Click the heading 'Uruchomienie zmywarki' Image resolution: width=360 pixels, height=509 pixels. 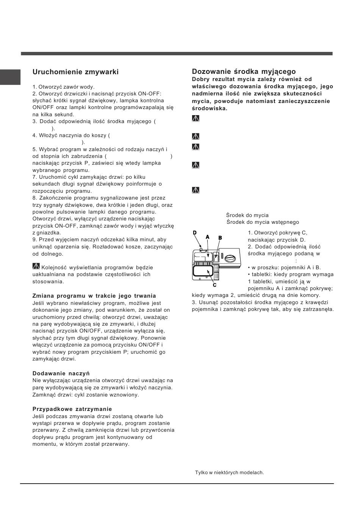tap(75, 72)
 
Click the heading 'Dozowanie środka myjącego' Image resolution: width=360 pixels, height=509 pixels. tap(244, 72)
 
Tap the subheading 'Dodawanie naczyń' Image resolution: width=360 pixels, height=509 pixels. tap(61, 373)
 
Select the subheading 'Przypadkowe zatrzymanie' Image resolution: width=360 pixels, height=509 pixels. tap(72, 409)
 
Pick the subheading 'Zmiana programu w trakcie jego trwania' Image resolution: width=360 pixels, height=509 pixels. tap(94, 296)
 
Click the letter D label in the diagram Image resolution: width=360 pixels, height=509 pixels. tap(195, 233)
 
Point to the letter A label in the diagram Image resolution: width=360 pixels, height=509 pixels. tap(207, 237)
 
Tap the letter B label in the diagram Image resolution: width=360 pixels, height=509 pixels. tap(220, 237)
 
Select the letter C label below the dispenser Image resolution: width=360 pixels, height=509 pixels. tap(214, 284)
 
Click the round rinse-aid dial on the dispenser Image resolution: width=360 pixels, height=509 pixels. tap(230, 259)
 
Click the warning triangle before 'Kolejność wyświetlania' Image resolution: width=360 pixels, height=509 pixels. tap(36, 267)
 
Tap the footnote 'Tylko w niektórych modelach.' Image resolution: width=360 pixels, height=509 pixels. tap(229, 473)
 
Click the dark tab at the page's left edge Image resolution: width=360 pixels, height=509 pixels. tap(10, 77)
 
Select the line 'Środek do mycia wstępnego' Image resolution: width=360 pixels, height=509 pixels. tap(263, 222)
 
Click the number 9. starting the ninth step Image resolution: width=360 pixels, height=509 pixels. tap(35, 240)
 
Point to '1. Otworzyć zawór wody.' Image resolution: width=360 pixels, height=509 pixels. tap(63, 87)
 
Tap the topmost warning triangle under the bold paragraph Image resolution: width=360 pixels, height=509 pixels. tap(196, 119)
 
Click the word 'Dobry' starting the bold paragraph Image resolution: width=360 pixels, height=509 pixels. tap(201, 79)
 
